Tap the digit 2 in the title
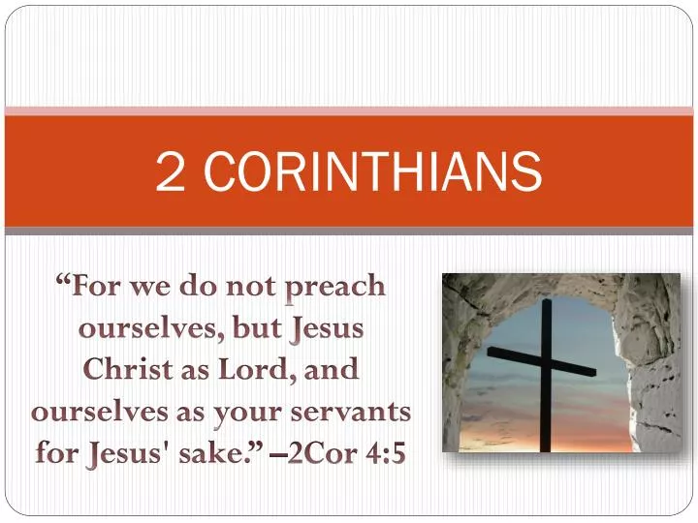(x=172, y=173)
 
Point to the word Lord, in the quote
(x=266, y=370)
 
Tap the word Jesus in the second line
(x=328, y=328)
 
